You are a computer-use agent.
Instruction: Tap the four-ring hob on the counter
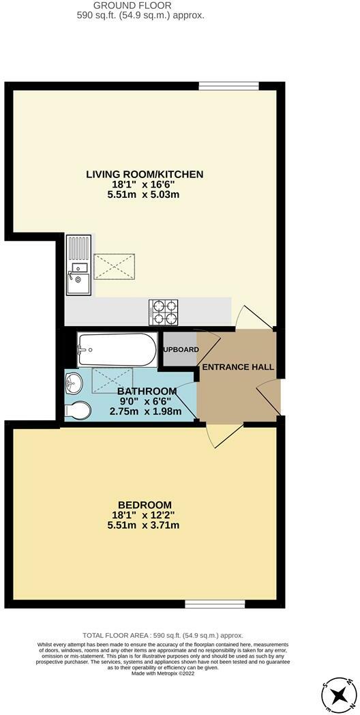(164, 312)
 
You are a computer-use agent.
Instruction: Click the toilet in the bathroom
(78, 411)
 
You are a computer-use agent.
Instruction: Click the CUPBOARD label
(180, 350)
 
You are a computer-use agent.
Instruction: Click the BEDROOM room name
(143, 504)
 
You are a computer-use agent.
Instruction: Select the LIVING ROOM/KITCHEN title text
(145, 175)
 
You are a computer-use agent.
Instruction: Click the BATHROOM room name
(147, 391)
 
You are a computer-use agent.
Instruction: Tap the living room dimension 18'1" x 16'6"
(145, 185)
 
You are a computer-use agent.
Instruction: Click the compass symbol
(338, 695)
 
